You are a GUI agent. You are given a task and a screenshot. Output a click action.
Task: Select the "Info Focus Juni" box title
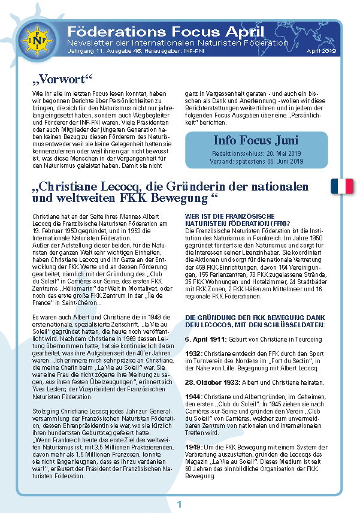(x=255, y=141)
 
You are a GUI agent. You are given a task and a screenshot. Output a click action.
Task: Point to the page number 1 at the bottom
(x=179, y=504)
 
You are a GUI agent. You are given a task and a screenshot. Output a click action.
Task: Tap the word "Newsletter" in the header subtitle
(x=90, y=43)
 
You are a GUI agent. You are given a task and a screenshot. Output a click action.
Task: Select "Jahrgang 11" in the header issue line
(x=82, y=52)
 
